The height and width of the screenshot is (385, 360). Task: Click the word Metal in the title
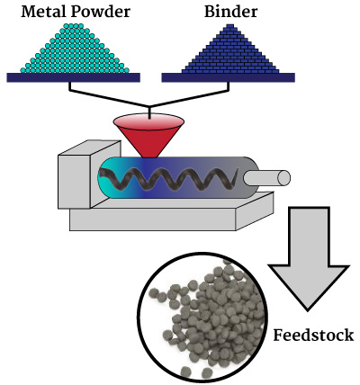tap(42, 12)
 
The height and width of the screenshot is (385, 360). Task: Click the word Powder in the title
tap(99, 12)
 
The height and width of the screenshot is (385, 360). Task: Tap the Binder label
tap(230, 12)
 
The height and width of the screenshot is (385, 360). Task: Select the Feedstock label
tap(313, 335)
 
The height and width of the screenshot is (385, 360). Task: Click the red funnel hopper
tap(148, 136)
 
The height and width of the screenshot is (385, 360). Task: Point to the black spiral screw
tap(168, 179)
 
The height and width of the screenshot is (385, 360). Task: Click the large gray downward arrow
tap(309, 258)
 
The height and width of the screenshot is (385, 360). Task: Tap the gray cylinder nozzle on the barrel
tap(266, 178)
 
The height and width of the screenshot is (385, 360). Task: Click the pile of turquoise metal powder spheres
tap(75, 49)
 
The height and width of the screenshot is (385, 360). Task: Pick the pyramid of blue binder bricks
tap(230, 49)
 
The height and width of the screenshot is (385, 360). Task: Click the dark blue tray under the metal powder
tap(74, 77)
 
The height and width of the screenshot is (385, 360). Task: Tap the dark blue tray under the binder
tap(229, 77)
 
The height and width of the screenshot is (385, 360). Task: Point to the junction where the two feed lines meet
tap(149, 106)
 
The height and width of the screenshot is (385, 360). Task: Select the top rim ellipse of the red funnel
tap(148, 121)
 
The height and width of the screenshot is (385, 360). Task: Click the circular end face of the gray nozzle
tap(283, 178)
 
